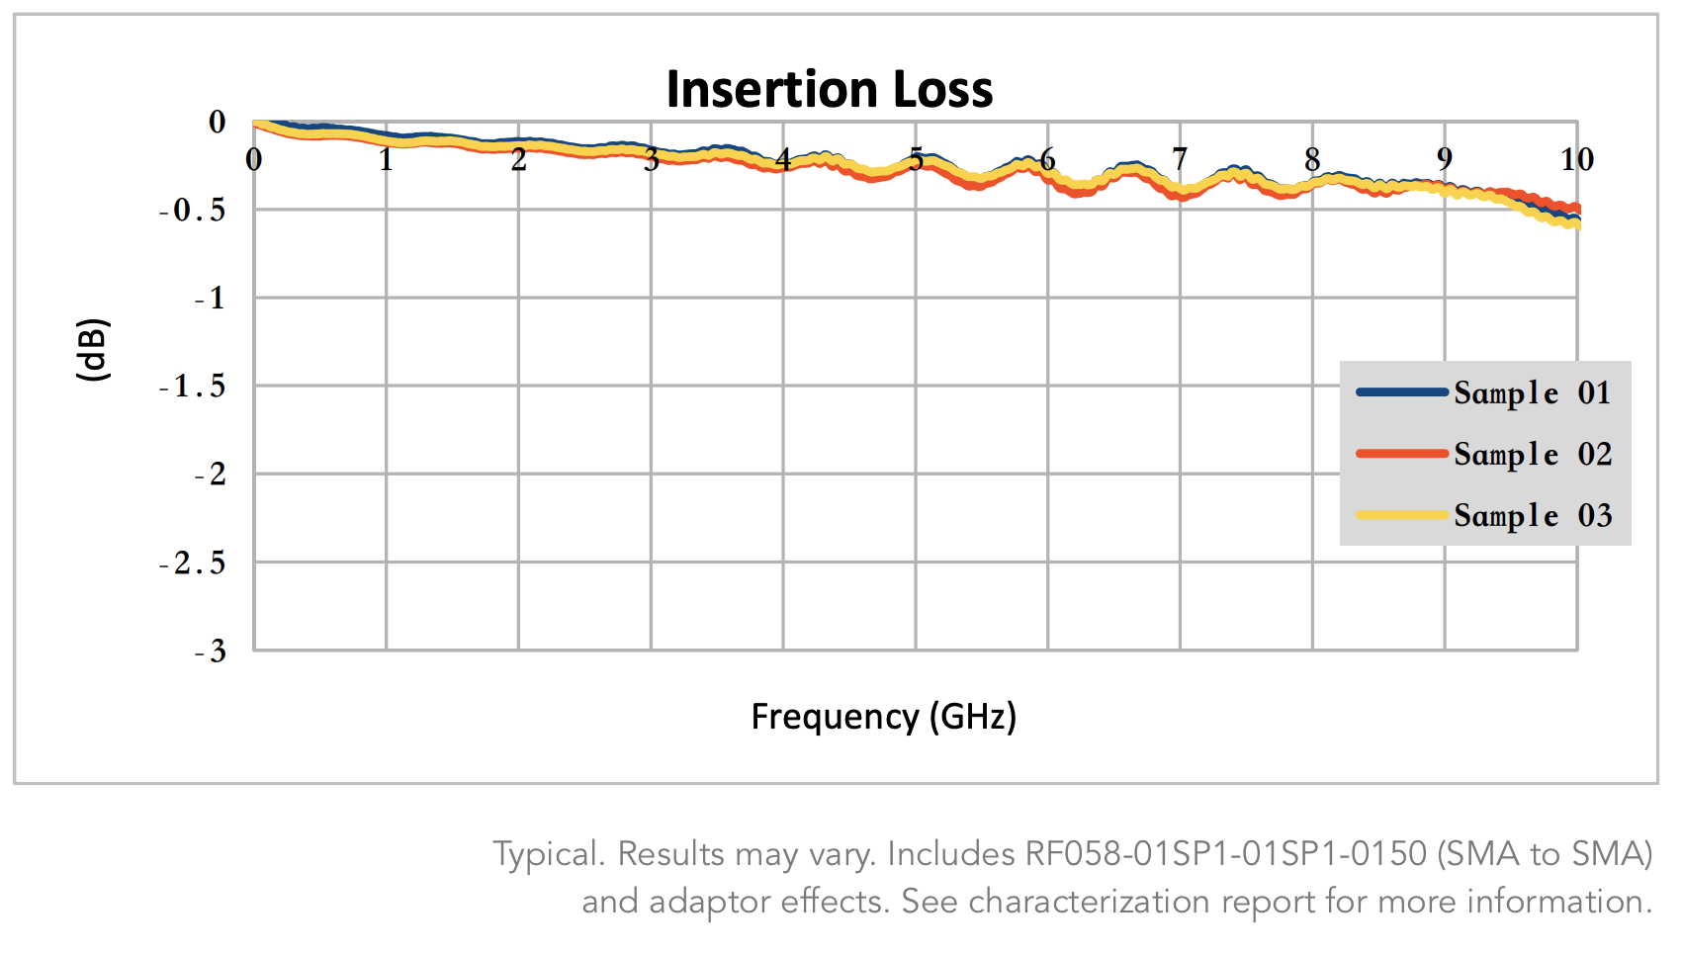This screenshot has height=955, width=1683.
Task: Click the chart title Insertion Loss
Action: coord(829,89)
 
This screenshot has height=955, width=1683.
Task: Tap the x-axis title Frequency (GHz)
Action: coord(883,716)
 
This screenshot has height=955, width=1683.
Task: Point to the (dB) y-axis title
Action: coord(93,350)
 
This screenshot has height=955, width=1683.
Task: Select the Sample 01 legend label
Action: coord(1532,393)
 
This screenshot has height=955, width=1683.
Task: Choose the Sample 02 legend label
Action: coord(1532,455)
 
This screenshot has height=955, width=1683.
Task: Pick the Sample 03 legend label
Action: coord(1532,516)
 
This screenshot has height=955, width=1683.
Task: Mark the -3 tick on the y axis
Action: coord(211,651)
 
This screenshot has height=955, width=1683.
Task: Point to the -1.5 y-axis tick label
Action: coord(194,387)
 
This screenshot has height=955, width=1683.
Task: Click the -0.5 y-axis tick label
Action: coord(194,211)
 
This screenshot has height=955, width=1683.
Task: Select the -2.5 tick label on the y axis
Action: coord(194,564)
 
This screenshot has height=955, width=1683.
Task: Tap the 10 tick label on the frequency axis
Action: coord(1576,159)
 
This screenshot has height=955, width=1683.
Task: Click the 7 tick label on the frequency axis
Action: coord(1179,159)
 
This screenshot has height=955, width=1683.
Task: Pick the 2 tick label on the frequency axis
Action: coord(518,159)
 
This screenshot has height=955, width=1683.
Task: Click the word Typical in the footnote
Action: coord(547,854)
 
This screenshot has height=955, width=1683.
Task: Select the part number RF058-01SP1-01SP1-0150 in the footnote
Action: coord(1225,853)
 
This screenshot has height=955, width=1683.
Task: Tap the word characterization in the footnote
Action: coord(1090,902)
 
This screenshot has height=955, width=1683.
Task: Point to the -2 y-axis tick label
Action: coord(211,475)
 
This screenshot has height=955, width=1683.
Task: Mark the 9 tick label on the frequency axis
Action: coord(1444,159)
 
